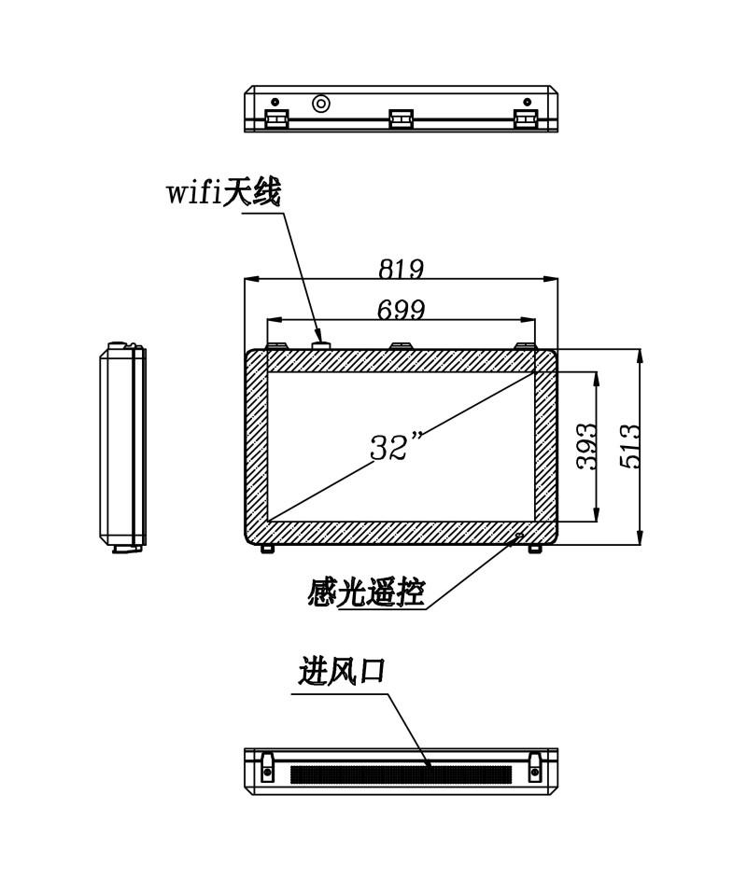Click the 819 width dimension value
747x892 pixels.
(x=402, y=268)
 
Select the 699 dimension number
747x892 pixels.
(x=402, y=310)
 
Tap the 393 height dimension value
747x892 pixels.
(x=586, y=446)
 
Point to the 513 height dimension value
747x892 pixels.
(x=629, y=446)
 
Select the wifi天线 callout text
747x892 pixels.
(x=224, y=192)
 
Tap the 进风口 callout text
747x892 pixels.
(x=342, y=671)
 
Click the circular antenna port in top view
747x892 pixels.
(x=321, y=103)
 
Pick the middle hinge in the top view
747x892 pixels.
(x=401, y=118)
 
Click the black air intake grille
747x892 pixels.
(x=401, y=774)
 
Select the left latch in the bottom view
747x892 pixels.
(x=266, y=766)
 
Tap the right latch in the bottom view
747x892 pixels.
(x=535, y=766)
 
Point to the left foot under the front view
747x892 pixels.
(x=268, y=549)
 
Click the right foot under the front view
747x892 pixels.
(x=535, y=549)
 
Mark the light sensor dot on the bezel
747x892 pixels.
(x=519, y=536)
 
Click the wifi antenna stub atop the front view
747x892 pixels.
(x=320, y=344)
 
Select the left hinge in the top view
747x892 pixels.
(x=277, y=118)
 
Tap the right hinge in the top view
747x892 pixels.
(x=525, y=118)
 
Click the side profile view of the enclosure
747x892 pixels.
(x=122, y=447)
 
